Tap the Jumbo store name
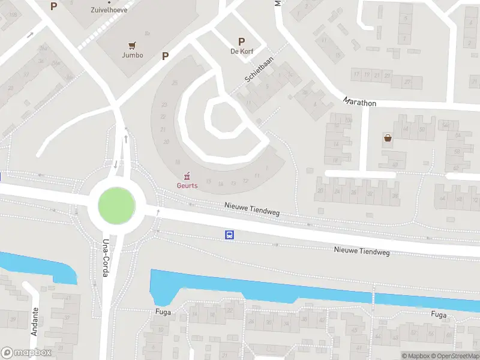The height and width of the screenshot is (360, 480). (132, 55)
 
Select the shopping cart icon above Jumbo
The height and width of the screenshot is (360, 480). (132, 44)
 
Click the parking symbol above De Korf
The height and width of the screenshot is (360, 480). (242, 41)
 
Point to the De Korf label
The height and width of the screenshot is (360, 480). (242, 52)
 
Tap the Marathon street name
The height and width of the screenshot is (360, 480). (360, 103)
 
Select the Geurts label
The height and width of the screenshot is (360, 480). (187, 185)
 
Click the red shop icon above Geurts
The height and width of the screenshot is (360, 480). (187, 176)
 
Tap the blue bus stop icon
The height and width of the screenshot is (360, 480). (230, 235)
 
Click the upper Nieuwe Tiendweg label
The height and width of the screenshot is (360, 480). (252, 210)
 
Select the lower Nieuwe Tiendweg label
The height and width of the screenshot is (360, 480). (362, 251)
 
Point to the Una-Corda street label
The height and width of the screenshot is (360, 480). (106, 258)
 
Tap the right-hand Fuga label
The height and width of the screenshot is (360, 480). (439, 314)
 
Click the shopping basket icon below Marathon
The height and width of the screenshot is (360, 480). (388, 139)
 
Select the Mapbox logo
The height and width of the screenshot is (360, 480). (26, 353)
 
